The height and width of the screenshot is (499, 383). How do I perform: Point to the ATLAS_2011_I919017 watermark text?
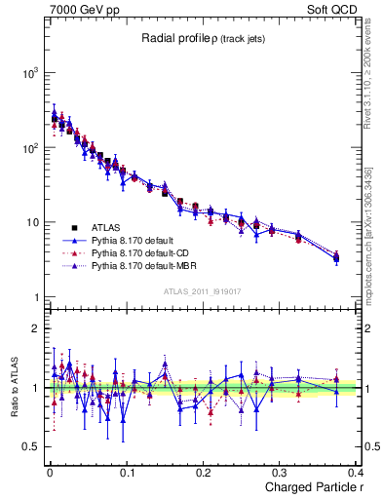tap(202, 290)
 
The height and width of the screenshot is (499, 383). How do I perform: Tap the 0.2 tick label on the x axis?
tap(203, 472)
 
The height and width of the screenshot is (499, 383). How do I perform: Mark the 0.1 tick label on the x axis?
tap(127, 472)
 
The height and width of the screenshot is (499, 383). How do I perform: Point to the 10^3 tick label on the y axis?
tap(31, 74)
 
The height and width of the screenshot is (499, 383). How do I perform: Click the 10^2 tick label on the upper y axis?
tap(31, 148)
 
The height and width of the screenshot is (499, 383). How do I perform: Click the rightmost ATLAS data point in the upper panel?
tap(336, 258)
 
